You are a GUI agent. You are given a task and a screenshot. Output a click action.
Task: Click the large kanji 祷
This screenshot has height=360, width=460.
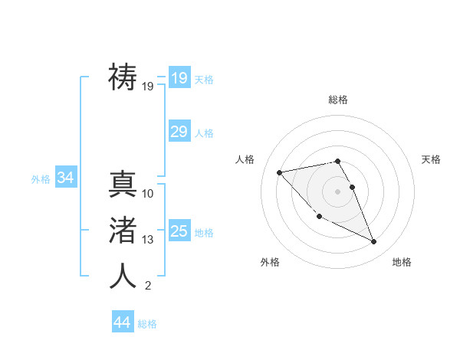pos(123,77)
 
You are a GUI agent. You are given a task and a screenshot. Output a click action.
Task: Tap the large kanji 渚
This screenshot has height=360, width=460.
pos(123,230)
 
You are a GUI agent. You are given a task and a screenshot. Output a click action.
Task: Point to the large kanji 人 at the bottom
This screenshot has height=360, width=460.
pos(123,276)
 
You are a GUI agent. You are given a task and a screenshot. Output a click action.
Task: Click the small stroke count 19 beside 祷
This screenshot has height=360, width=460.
pos(148,87)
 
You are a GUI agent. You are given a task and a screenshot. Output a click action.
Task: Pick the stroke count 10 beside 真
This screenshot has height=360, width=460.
pos(148,193)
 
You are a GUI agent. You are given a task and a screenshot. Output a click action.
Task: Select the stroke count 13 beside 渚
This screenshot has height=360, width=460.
pos(148,240)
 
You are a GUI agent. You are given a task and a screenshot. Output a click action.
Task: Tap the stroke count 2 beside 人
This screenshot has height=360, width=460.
pos(148,286)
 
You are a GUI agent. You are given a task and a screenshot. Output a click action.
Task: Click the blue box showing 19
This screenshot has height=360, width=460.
pos(179,78)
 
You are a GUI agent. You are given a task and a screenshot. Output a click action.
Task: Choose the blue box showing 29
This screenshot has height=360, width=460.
pos(179,132)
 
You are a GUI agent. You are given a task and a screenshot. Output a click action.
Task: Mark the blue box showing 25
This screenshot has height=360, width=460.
pos(179,231)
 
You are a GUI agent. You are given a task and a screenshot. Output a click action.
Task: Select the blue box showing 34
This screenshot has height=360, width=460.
pos(65,178)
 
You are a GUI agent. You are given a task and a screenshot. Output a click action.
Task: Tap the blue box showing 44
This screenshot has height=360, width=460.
pos(122,322)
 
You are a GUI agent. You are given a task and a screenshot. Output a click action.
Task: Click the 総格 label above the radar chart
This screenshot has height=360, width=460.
pos(338,100)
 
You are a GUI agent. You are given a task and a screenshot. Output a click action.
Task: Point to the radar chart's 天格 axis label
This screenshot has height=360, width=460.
pos(432,159)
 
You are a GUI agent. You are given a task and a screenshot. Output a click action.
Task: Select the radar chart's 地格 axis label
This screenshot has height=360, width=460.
pos(402,262)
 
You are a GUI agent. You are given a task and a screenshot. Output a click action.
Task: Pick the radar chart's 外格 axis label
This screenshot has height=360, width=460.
pos(270,262)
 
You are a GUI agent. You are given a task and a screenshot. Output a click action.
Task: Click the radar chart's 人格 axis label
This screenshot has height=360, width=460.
pos(245,159)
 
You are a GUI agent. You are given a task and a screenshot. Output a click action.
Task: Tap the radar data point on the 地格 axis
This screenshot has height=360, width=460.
pos(374,242)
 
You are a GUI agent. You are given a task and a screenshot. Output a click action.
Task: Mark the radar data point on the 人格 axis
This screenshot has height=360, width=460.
pos(279,172)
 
